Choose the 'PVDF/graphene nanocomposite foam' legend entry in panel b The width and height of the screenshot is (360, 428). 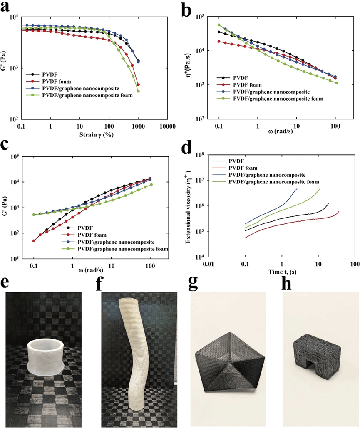[x=278, y=99]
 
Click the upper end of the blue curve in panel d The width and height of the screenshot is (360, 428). [x=297, y=189]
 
